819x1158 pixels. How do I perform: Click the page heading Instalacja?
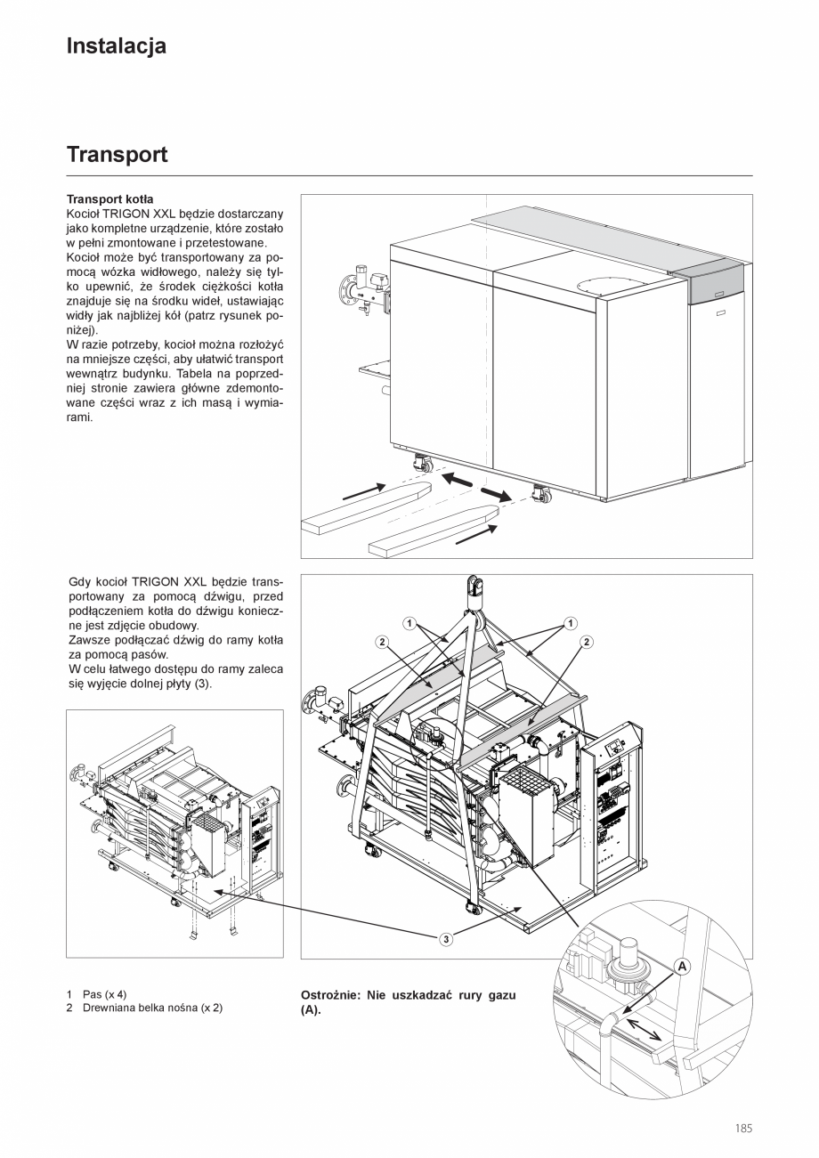[116, 46]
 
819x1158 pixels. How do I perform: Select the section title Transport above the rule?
[117, 155]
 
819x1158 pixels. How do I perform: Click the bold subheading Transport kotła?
[109, 200]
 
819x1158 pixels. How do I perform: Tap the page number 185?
[743, 1129]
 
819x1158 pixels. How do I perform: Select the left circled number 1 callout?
[409, 623]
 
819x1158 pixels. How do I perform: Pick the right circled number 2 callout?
[587, 642]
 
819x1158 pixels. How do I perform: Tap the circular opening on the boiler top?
[596, 286]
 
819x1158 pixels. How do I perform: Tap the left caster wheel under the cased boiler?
[421, 463]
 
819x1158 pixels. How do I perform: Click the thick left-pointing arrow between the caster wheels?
[458, 480]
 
